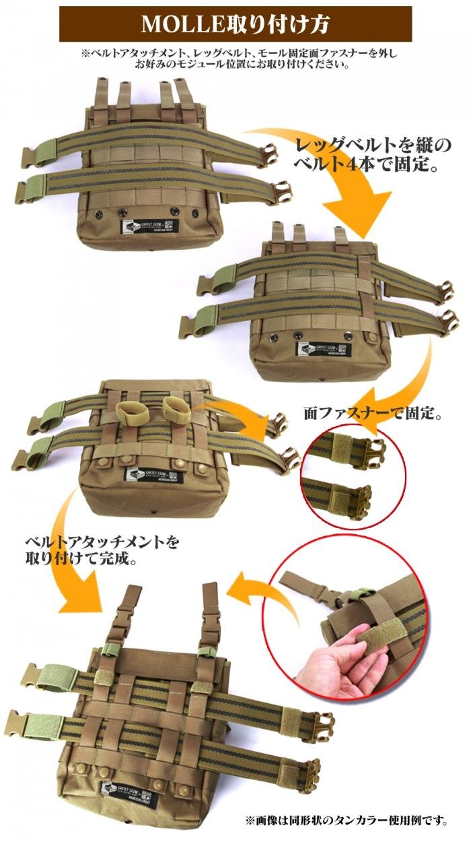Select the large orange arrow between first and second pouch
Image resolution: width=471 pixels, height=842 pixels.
pyautogui.click(x=336, y=175)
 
